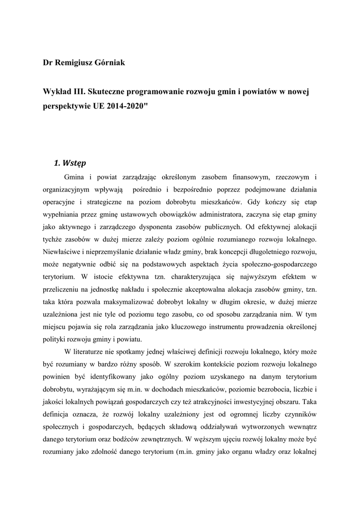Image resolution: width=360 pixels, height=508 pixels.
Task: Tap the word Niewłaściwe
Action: (x=65, y=252)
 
